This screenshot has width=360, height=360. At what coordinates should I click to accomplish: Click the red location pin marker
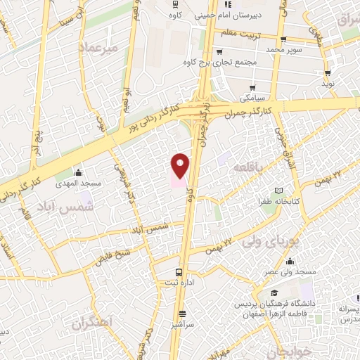(x=181, y=165)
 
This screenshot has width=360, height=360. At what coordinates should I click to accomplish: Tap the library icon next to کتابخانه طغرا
(x=279, y=190)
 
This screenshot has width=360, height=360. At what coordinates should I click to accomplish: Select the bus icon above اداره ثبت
(x=179, y=272)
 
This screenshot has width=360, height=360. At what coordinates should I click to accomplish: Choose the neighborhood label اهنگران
(x=92, y=325)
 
